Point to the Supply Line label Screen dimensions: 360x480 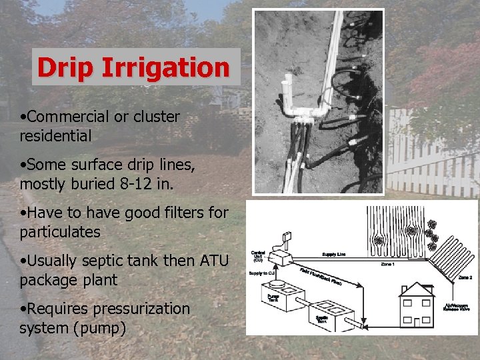[x=334, y=254]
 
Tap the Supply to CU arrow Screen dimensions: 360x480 [x=261, y=274]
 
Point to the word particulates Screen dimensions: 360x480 [x=61, y=232]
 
